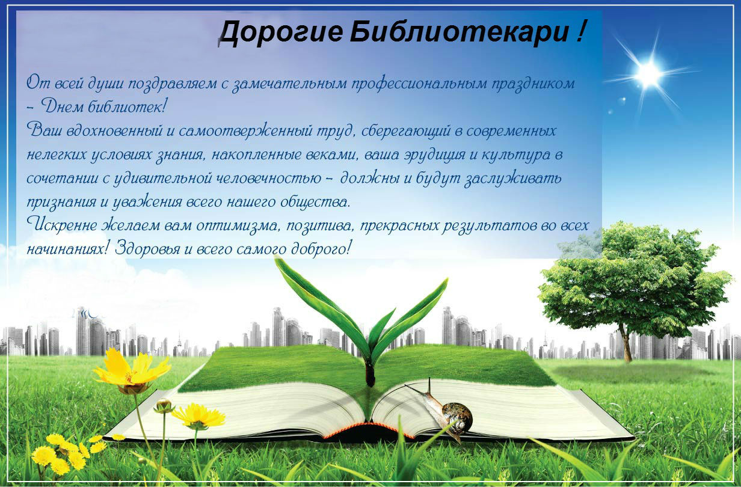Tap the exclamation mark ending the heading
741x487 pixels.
coord(581,31)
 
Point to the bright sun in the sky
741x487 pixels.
coord(649,75)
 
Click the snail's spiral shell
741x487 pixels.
coord(458,417)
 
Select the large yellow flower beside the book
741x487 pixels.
coord(131,372)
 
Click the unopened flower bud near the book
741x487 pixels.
coord(164,406)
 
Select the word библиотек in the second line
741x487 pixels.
coord(126,106)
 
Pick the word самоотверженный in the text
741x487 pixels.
coord(246,131)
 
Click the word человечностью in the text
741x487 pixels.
coord(268,179)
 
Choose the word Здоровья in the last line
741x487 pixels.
coord(148,249)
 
